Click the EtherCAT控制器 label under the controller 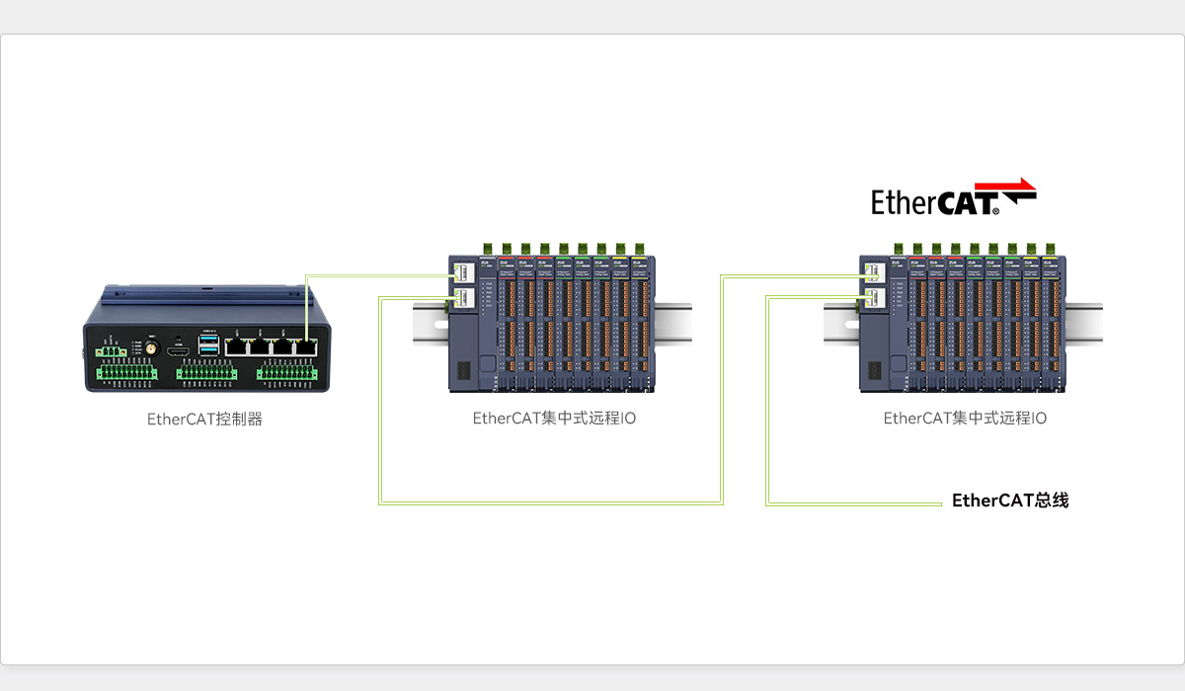pyautogui.click(x=204, y=419)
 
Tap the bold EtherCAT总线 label pyautogui.click(x=1009, y=500)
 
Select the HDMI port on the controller pyautogui.click(x=179, y=351)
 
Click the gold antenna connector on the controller pyautogui.click(x=152, y=348)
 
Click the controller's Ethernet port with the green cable pyautogui.click(x=308, y=347)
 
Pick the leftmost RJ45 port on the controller pyautogui.click(x=237, y=347)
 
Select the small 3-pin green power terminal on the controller pyautogui.click(x=111, y=350)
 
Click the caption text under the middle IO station pyautogui.click(x=554, y=418)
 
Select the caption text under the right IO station pyautogui.click(x=965, y=418)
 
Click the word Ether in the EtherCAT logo pyautogui.click(x=903, y=202)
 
